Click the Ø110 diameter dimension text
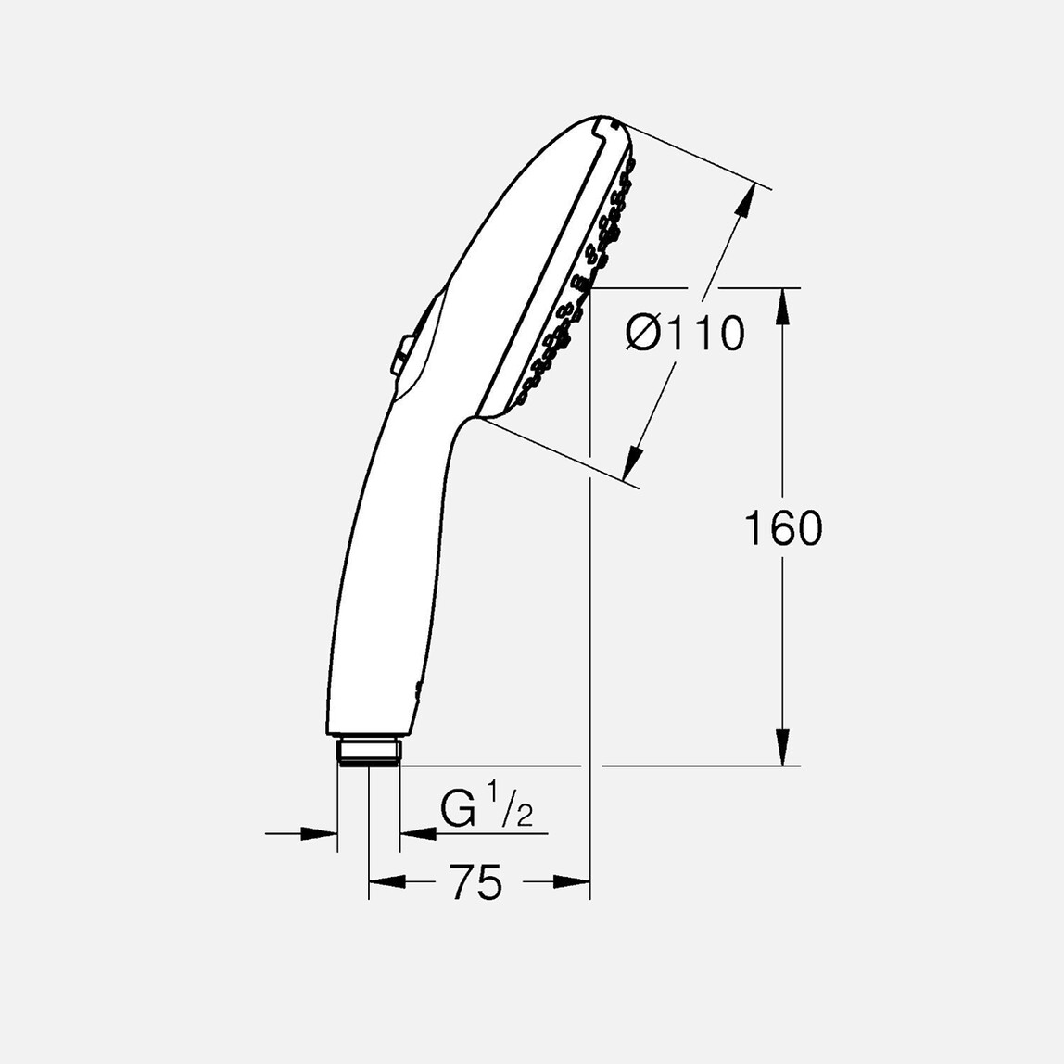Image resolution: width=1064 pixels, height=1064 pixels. (685, 334)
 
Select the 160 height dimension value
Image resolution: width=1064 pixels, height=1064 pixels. (783, 528)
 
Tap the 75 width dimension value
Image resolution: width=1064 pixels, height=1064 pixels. (476, 882)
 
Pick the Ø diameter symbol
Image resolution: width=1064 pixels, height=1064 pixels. (643, 334)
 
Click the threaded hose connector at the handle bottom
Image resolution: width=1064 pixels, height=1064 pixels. (369, 750)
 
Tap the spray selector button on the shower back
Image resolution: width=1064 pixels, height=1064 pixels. (405, 352)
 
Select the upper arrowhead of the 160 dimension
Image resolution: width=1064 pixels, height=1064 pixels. (783, 306)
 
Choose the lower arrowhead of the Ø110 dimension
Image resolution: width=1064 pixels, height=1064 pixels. (634, 463)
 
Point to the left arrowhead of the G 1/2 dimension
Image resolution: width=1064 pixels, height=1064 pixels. (320, 833)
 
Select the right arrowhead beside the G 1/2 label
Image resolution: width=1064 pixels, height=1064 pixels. (418, 833)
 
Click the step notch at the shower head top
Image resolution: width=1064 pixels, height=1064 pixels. (613, 121)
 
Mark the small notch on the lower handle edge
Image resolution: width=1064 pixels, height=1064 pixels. (418, 687)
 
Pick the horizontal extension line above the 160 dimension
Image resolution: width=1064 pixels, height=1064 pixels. (695, 288)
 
